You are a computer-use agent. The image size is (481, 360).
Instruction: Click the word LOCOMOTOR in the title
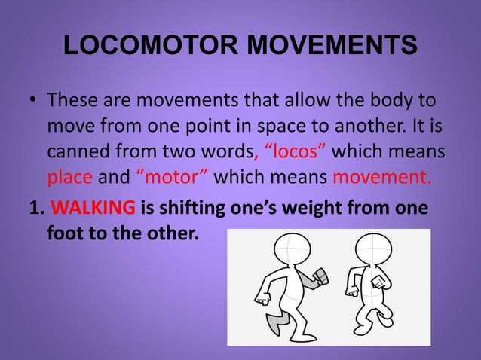151,47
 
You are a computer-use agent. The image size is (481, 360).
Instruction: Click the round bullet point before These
35,101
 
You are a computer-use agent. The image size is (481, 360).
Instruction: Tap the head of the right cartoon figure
373,249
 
